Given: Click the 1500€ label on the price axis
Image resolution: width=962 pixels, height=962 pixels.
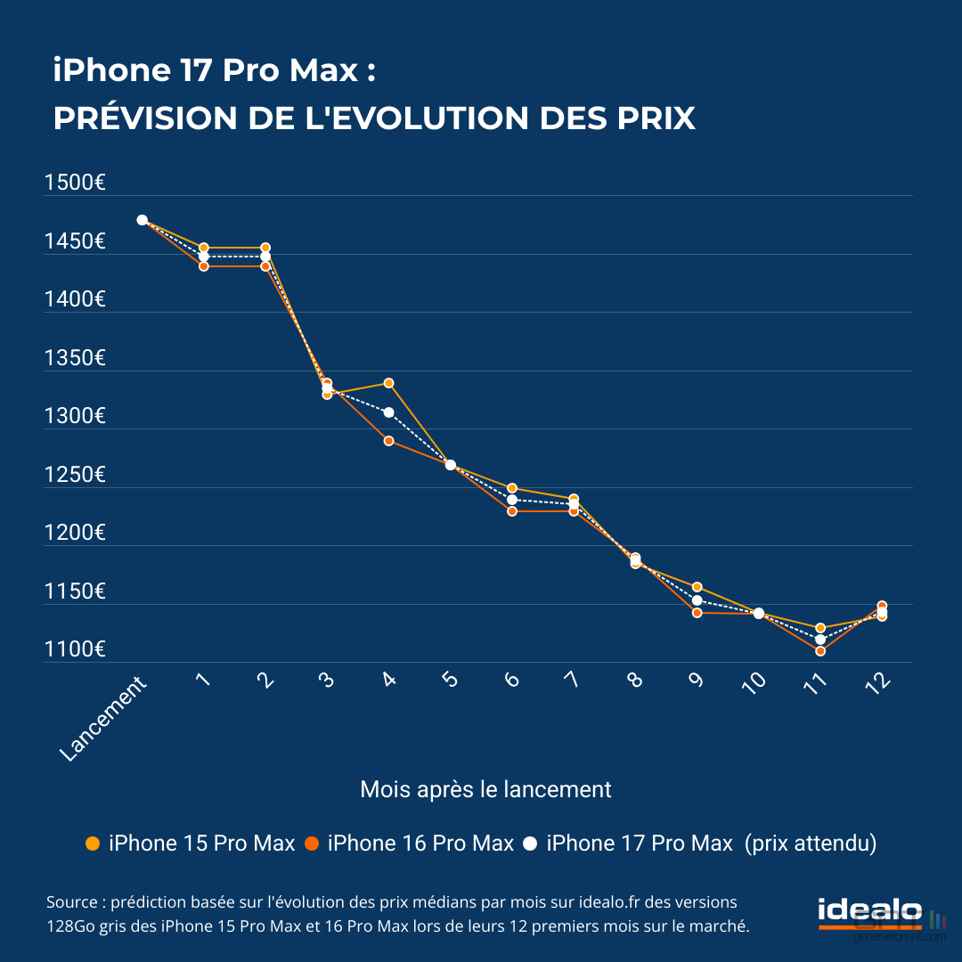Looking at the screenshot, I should click(75, 183).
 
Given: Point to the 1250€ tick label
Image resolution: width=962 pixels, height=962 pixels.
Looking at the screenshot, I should click(75, 476).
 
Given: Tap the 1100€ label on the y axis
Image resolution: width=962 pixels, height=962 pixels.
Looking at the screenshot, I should click(75, 650).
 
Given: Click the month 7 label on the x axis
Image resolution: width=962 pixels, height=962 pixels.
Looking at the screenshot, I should click(571, 680).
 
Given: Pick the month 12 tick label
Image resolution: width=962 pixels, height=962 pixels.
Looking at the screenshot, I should click(877, 683).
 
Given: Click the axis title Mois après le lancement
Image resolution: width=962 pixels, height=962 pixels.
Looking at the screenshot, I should click(485, 789).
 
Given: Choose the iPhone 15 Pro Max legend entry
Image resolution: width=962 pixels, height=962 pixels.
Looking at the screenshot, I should click(191, 844).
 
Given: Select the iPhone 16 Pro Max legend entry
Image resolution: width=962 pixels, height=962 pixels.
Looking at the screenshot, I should click(410, 844).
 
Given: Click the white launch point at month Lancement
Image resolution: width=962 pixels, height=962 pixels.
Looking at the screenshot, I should click(142, 220).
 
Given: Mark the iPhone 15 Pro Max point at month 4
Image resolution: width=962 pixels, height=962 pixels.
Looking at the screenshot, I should click(388, 383).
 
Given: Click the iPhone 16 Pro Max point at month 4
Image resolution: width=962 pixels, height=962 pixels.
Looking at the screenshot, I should click(388, 441).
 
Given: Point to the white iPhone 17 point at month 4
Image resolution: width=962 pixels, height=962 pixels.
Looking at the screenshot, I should click(388, 412).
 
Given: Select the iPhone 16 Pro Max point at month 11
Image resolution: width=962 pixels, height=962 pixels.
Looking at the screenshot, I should click(820, 651).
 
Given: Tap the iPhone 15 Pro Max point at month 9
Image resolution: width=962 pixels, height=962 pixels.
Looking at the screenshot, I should click(697, 587).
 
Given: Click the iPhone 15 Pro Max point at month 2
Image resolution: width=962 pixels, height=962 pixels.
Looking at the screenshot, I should click(265, 248).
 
